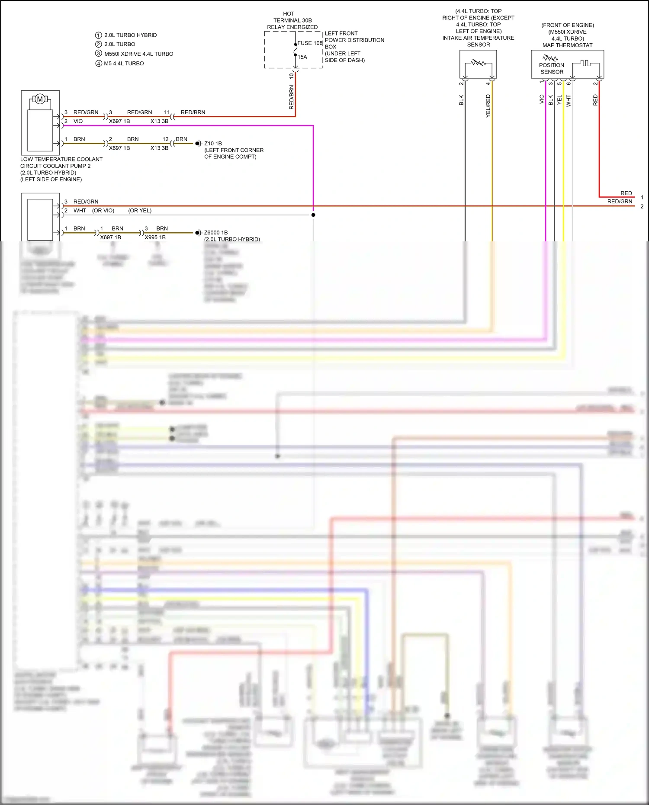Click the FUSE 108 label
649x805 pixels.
click(x=310, y=43)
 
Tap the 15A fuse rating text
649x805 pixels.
click(x=302, y=57)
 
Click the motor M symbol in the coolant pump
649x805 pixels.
click(x=40, y=99)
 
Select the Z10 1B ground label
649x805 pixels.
click(x=213, y=143)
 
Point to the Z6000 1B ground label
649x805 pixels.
click(x=216, y=233)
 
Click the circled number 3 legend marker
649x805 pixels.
click(x=99, y=54)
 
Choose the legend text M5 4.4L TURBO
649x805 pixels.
click(x=124, y=64)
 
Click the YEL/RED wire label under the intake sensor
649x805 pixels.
click(x=488, y=106)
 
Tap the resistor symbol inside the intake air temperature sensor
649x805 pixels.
click(x=478, y=63)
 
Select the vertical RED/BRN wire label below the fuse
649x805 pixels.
click(x=291, y=97)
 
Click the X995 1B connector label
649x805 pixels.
click(x=155, y=237)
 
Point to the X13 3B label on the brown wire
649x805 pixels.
click(x=159, y=148)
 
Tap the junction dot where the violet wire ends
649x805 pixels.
click(x=313, y=215)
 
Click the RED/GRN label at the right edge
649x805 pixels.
click(x=620, y=202)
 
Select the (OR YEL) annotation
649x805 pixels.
click(x=140, y=211)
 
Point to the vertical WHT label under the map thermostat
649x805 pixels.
click(x=569, y=101)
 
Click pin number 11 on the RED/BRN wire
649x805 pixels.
click(x=167, y=112)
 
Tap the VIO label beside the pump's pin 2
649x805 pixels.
click(x=78, y=122)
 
